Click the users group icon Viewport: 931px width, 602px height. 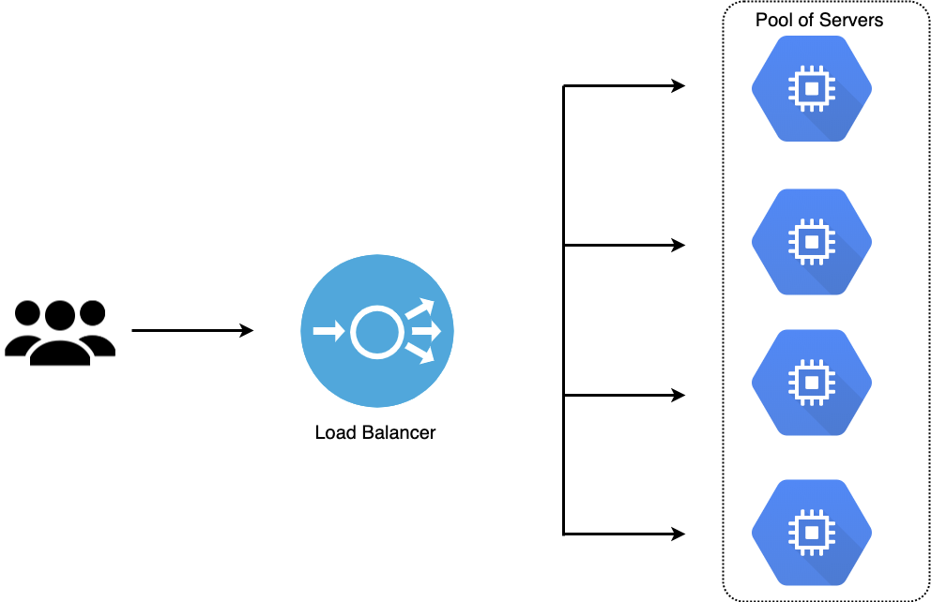click(x=60, y=332)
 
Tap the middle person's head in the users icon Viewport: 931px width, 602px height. click(x=60, y=315)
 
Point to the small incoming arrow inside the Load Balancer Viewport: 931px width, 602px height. click(x=326, y=331)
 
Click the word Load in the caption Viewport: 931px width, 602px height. click(x=333, y=433)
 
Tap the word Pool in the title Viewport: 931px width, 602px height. click(x=773, y=20)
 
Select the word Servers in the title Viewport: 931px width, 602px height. click(x=852, y=20)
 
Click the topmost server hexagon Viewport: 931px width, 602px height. click(x=812, y=89)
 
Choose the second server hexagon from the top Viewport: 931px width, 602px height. click(x=812, y=242)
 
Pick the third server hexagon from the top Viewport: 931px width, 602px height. click(x=812, y=382)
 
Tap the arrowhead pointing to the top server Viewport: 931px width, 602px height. click(x=679, y=86)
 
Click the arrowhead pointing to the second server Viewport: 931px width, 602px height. click(x=679, y=246)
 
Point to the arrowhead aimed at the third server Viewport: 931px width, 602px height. click(x=679, y=396)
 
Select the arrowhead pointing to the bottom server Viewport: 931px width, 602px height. click(x=679, y=534)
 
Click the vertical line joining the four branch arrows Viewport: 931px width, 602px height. click(x=563, y=309)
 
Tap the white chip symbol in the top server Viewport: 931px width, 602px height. click(x=812, y=89)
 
